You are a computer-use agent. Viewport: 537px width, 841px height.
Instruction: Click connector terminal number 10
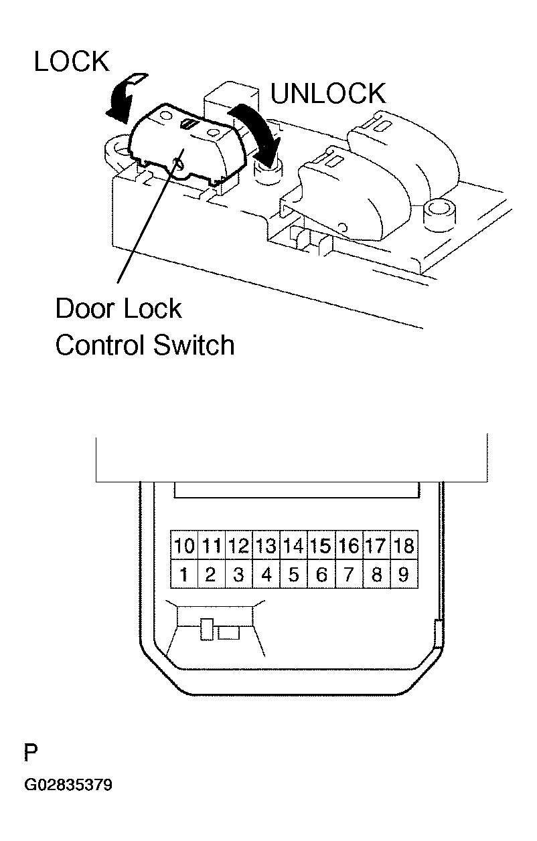point(184,545)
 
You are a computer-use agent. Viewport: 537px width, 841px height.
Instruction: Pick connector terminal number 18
point(404,545)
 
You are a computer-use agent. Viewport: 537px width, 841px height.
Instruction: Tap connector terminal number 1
point(184,574)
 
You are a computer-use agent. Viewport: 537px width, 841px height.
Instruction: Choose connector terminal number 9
point(404,574)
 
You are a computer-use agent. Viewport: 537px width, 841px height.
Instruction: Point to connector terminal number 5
point(294,574)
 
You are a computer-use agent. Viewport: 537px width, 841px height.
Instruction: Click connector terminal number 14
point(294,545)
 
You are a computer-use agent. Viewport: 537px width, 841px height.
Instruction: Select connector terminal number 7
point(349,574)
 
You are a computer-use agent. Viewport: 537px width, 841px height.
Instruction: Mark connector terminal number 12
point(239,545)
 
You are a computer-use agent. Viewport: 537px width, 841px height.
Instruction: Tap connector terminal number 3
point(239,574)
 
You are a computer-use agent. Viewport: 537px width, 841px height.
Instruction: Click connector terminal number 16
point(349,545)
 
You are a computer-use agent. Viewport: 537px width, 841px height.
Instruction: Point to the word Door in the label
point(84,308)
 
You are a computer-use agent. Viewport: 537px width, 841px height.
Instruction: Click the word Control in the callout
point(101,345)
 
